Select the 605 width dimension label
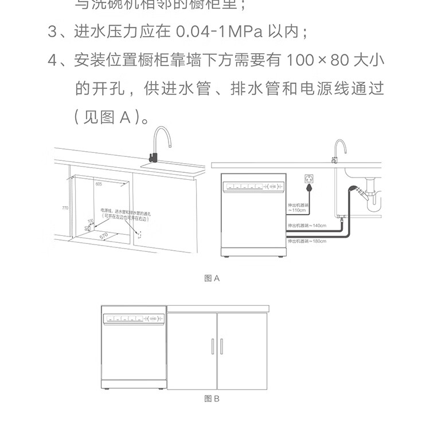click(x=99, y=184)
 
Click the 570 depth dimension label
click(x=104, y=235)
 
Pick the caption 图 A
click(x=212, y=278)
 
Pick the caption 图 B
click(x=212, y=399)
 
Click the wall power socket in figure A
click(x=310, y=179)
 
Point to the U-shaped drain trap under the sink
click(x=376, y=200)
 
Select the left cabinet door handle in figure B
click(x=213, y=346)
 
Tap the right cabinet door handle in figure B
click(x=222, y=346)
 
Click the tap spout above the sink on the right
click(x=339, y=143)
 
